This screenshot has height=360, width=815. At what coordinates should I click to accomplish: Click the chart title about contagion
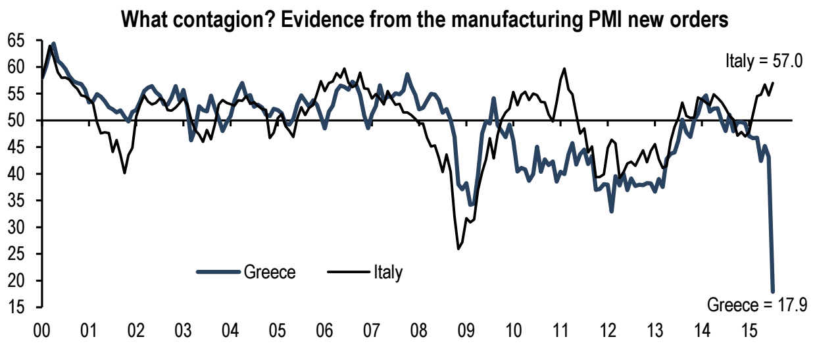425,19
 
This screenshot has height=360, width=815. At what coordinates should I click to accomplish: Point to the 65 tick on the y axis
16,41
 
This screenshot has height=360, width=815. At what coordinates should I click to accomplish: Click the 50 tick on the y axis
16,120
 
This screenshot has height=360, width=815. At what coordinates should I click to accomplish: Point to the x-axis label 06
324,331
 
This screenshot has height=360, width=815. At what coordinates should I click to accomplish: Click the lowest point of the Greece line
773,291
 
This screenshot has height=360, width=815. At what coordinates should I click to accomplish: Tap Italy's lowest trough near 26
458,249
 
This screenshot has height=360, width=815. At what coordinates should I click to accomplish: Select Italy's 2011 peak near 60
564,68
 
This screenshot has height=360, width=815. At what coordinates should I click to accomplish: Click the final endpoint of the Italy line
773,83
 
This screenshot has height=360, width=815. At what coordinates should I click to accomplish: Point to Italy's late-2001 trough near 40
124,173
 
